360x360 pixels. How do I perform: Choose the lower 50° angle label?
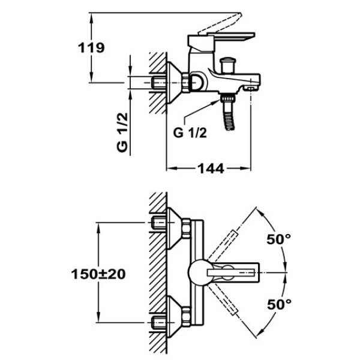[x=278, y=304]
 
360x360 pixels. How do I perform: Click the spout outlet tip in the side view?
[x=253, y=88]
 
